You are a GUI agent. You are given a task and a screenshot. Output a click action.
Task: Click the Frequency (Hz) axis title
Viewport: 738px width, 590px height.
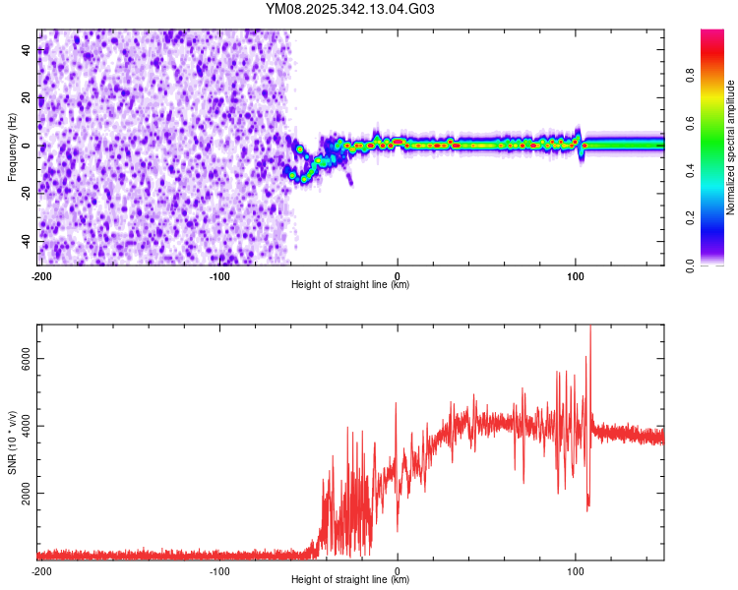click(12, 148)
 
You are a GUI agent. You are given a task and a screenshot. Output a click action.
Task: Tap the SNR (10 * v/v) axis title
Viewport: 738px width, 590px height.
click(12, 442)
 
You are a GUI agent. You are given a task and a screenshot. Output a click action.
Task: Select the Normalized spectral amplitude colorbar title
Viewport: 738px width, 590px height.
click(731, 147)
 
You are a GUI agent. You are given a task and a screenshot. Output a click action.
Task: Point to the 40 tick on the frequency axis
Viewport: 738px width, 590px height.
click(27, 51)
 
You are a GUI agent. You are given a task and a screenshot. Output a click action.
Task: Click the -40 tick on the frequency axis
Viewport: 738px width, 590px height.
click(27, 241)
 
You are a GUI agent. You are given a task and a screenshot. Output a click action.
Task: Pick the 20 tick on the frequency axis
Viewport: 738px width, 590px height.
click(27, 98)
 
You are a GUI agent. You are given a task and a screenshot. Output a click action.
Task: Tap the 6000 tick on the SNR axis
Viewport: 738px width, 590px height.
click(27, 359)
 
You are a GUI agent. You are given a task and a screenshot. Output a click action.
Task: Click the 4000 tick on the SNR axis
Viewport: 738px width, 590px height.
click(27, 426)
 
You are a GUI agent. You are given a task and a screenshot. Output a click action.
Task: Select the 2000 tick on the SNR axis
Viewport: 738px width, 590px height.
click(27, 493)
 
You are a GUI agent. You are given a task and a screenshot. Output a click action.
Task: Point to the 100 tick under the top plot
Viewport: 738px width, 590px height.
click(576, 276)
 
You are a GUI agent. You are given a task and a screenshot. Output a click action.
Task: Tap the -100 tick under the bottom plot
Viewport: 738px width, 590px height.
click(219, 571)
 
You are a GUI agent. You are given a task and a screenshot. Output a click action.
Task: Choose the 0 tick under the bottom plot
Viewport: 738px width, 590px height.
click(398, 571)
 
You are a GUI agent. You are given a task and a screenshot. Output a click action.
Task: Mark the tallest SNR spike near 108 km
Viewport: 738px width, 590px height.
click(590, 328)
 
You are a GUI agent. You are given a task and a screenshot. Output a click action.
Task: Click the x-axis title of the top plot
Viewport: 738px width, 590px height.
click(350, 285)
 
